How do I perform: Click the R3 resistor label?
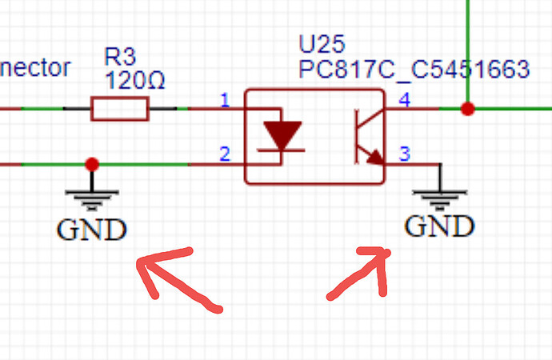pyautogui.click(x=121, y=58)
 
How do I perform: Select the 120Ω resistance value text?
pyautogui.click(x=138, y=80)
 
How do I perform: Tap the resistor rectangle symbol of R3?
pyautogui.click(x=120, y=109)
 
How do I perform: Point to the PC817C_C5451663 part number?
pyautogui.click(x=414, y=70)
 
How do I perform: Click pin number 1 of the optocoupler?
pyautogui.click(x=225, y=101)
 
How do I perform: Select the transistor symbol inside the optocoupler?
pyautogui.click(x=366, y=136)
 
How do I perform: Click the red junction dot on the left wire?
pyautogui.click(x=92, y=164)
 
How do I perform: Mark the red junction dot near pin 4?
pyautogui.click(x=468, y=109)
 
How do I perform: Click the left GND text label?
pyautogui.click(x=91, y=230)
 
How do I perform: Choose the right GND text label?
pyautogui.click(x=439, y=227)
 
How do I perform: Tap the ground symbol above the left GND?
pyautogui.click(x=92, y=197)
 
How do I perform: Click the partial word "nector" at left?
pyautogui.click(x=35, y=69)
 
